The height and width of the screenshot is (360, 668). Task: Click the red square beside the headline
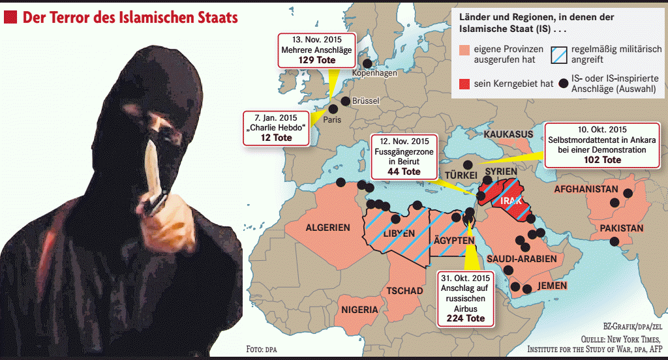coord(10,18)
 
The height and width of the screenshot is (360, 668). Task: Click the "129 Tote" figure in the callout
coord(317,59)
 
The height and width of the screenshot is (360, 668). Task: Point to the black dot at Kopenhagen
coord(367,64)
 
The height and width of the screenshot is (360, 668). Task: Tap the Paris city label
coord(331,120)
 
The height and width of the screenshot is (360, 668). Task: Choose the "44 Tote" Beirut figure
coord(403,172)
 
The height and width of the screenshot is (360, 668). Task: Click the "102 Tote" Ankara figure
coord(602,160)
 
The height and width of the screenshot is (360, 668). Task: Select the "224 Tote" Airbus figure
coord(466,318)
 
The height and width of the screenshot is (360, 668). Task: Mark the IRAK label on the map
coord(511,201)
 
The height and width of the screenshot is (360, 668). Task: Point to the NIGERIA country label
coord(359,309)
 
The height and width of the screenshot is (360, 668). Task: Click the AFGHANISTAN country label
coord(585,190)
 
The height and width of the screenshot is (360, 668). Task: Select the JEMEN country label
coord(552,286)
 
